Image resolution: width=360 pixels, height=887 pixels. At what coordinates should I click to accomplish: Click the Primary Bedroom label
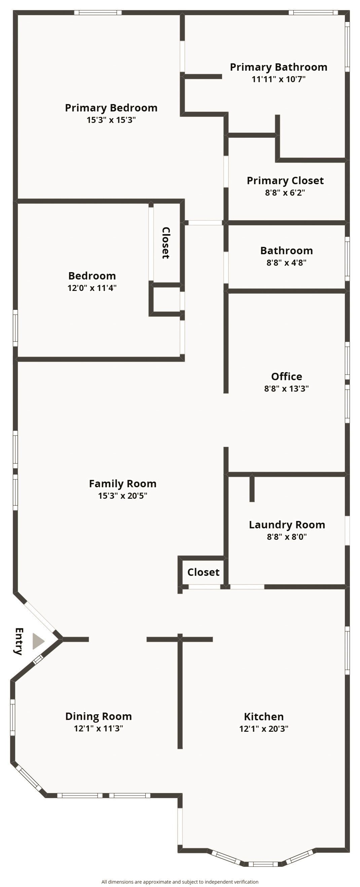[111, 108]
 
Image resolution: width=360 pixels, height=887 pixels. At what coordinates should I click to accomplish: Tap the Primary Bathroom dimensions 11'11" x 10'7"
[279, 79]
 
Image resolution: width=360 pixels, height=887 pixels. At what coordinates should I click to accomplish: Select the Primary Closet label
[285, 180]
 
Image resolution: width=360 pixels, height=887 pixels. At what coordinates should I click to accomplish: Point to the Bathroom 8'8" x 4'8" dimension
[286, 263]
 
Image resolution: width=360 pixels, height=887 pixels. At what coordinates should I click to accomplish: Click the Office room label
[287, 376]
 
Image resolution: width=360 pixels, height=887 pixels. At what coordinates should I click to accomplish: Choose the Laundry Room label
[287, 524]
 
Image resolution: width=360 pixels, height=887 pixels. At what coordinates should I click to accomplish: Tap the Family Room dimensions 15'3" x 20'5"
[122, 496]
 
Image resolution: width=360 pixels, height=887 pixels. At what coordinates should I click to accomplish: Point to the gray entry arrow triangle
[38, 641]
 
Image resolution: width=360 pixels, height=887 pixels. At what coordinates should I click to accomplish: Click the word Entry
[19, 641]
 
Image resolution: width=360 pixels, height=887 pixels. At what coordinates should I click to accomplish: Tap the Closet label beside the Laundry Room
[204, 572]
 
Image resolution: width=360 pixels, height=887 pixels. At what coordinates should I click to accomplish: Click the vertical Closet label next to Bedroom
[166, 243]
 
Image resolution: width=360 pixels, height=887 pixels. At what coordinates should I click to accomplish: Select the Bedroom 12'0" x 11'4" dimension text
[92, 288]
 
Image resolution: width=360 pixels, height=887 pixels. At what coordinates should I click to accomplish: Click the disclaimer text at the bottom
[180, 882]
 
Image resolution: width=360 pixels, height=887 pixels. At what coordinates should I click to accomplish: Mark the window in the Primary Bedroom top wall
[98, 13]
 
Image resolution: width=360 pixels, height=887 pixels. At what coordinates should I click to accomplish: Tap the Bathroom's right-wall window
[347, 259]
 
